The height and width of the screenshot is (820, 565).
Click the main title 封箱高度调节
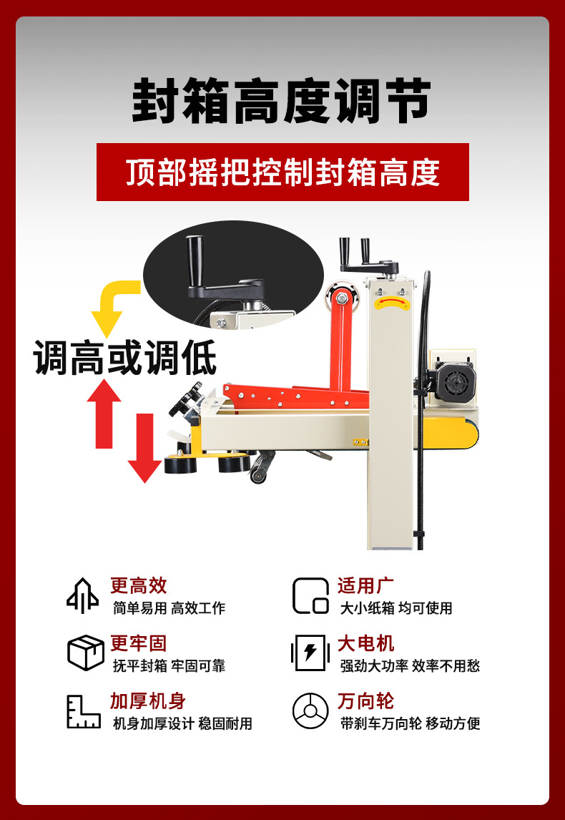pos(282,101)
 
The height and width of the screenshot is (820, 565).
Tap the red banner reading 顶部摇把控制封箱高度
pos(282,172)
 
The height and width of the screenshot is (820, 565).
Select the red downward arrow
pos(144,448)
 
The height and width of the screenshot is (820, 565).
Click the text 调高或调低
pos(125,358)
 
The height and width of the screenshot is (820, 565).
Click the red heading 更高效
pos(139,586)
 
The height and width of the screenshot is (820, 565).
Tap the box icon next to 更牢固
pos(86,653)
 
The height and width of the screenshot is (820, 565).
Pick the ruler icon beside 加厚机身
pos(84,711)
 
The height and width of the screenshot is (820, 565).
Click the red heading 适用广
pos(365,586)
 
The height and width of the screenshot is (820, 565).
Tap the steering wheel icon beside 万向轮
pos(310,711)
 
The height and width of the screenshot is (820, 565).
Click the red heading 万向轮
pos(365,701)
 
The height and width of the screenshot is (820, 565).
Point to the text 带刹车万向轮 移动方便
pos(411,724)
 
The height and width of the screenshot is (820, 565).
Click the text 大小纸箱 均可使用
pos(396,608)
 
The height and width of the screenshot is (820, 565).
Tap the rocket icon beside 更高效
pos(82,595)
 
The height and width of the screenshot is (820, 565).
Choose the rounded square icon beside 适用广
pos(310,595)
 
